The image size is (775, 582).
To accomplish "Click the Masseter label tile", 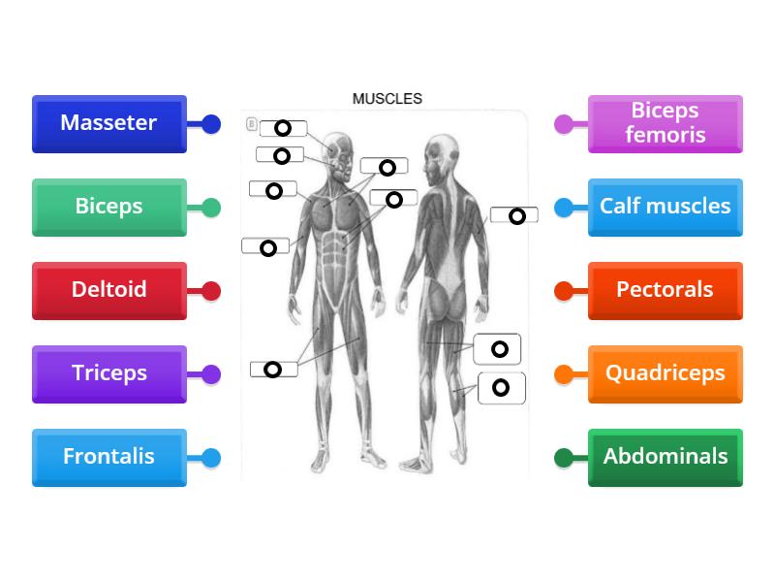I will point(108,123).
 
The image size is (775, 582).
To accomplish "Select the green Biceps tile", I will point(108,207).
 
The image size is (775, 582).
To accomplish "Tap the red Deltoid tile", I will point(108,290).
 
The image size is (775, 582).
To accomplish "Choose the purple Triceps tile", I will point(108,373).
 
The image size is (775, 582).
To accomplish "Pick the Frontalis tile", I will point(108,457).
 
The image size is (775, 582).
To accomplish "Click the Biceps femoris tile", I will point(665,123).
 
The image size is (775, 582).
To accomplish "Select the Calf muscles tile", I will point(665,207).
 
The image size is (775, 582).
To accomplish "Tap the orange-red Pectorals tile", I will point(665,290).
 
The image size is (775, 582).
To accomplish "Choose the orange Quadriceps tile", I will point(665,373).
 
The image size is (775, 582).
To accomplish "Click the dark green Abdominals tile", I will point(665,457).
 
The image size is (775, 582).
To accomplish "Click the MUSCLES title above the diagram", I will point(387,99).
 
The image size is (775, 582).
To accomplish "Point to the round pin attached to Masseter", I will point(211,124).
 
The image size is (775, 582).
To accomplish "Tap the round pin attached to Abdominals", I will point(564,458).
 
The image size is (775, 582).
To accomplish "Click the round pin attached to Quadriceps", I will point(564,374).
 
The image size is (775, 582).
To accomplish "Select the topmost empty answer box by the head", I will point(283,128).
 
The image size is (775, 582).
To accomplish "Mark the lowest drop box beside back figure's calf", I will point(501,388).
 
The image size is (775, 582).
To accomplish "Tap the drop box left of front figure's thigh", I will point(273,370).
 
